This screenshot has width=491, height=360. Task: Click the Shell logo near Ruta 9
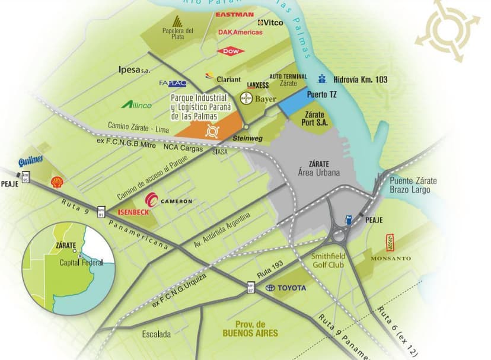point(57,182)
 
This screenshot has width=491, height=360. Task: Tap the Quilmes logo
point(30,161)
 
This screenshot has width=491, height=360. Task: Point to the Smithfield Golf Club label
point(328,261)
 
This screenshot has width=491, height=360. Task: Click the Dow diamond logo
point(231,52)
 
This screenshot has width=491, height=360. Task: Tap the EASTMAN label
point(235,14)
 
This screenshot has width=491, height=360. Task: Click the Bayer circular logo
point(246,98)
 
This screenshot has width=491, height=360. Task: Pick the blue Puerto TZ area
point(298,103)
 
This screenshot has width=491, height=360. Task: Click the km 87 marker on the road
point(251,288)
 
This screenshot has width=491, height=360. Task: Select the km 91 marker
point(101,212)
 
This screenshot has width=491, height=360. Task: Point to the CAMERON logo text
point(173,201)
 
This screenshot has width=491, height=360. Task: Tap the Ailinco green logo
point(137,104)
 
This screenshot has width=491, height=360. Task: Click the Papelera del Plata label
point(178,33)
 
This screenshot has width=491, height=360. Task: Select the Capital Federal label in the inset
point(81,262)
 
